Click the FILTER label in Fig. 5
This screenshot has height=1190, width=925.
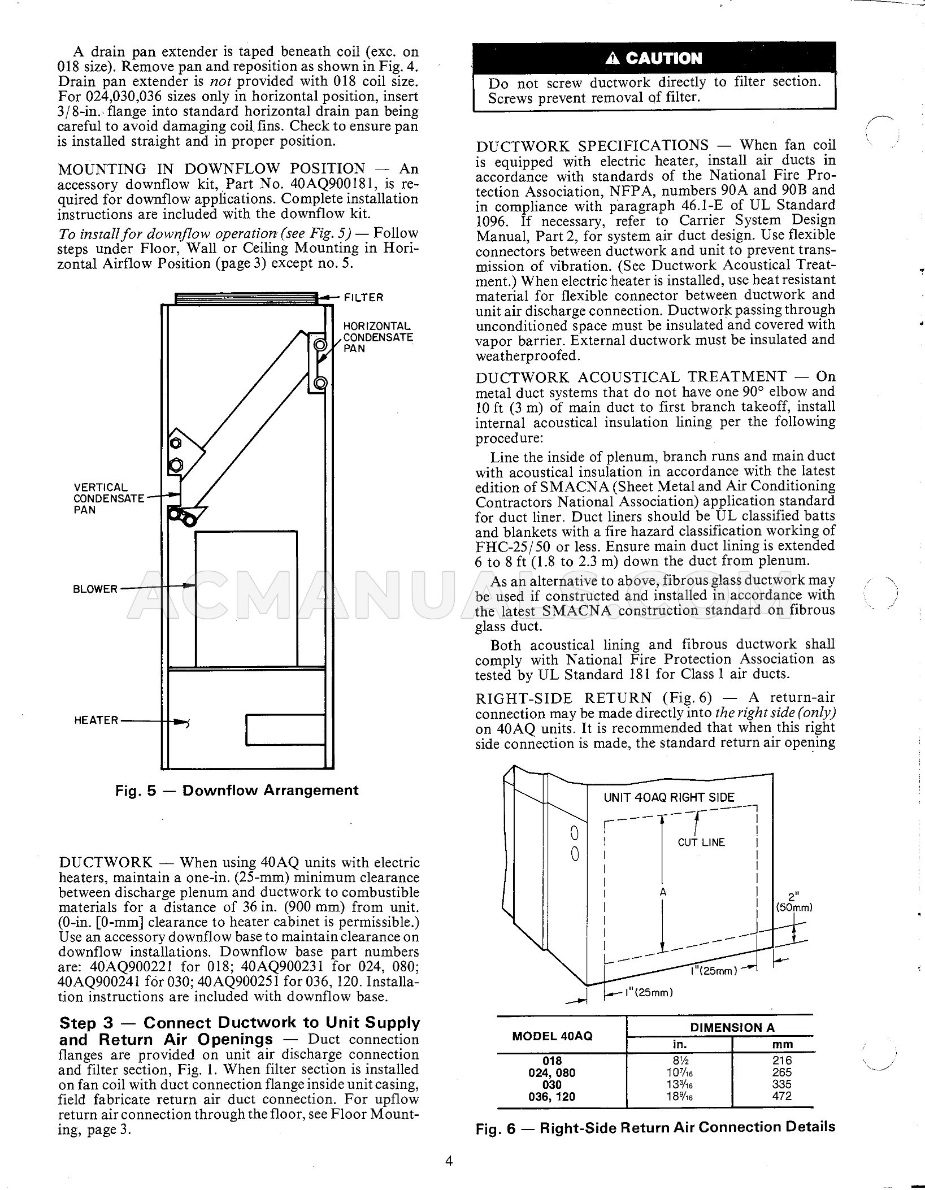pos(363,297)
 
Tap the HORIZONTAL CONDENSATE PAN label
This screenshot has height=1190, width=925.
pos(378,337)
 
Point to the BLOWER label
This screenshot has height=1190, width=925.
pos(95,589)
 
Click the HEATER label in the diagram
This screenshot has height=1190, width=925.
pos(96,720)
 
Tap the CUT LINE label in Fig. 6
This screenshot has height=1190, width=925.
pos(701,842)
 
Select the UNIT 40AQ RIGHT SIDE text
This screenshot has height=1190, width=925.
pos(669,798)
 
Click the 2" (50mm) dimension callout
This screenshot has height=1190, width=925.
pos(793,903)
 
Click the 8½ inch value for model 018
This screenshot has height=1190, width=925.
pos(679,1061)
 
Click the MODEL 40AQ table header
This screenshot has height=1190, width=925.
pos(552,1036)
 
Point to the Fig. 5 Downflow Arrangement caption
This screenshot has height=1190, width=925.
pos(236,790)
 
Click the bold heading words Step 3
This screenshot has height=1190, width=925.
pos(86,1023)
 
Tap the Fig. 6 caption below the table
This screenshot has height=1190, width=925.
pos(655,1127)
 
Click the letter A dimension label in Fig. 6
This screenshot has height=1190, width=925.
pos(663,892)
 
